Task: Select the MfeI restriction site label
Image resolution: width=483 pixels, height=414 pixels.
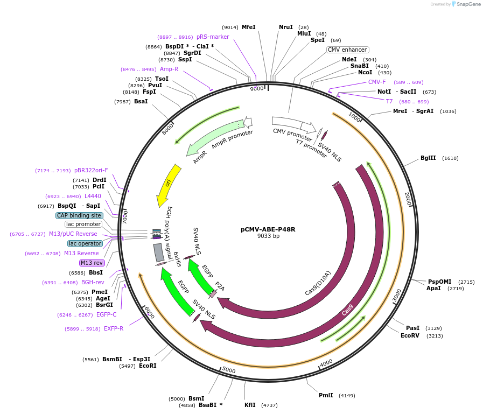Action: pyautogui.click(x=248, y=27)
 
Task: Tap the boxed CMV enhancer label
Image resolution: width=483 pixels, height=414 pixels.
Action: pyautogui.click(x=347, y=50)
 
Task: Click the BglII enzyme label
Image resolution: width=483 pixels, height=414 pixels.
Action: pyautogui.click(x=428, y=158)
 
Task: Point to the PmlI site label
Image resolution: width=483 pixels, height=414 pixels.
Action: pyautogui.click(x=326, y=395)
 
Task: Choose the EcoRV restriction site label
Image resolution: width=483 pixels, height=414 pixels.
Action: pyautogui.click(x=410, y=335)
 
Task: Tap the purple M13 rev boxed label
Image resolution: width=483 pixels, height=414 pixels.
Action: pyautogui.click(x=91, y=263)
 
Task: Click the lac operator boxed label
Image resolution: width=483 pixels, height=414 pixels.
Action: pyautogui.click(x=85, y=243)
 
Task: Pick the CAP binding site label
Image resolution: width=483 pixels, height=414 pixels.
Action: pyautogui.click(x=79, y=215)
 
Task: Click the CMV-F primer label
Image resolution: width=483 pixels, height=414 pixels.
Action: pyautogui.click(x=377, y=82)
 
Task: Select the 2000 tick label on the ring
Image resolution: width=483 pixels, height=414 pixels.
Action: pyautogui.click(x=408, y=199)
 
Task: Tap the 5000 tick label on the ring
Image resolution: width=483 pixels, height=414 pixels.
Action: pyautogui.click(x=229, y=370)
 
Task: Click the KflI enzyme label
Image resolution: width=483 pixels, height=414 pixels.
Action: pyautogui.click(x=250, y=405)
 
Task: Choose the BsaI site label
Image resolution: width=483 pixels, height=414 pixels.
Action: pyautogui.click(x=141, y=101)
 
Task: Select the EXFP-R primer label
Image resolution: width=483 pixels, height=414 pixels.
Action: pyautogui.click(x=114, y=328)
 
